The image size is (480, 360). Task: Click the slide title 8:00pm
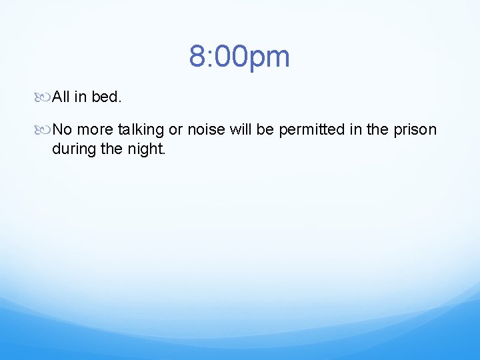(239, 57)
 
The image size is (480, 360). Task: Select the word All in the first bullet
(61, 97)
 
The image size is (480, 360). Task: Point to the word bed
(106, 97)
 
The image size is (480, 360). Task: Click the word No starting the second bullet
(62, 129)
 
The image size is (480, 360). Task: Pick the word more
(95, 129)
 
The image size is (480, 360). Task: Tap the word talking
(139, 129)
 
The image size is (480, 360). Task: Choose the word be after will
(265, 129)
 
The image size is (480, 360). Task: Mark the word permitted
(310, 129)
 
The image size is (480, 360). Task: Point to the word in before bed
(80, 97)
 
